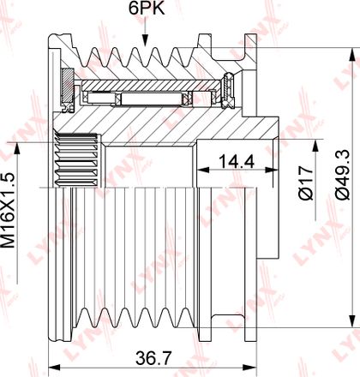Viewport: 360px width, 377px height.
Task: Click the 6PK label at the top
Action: pos(147,9)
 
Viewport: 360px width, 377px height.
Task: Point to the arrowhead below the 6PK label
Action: pos(146,40)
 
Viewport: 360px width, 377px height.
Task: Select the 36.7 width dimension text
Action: pos(153,358)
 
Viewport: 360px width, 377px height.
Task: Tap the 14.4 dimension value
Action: pos(237,162)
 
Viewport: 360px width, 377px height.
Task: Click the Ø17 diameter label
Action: pos(306,183)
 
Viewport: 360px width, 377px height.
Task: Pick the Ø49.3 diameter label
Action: pos(343,174)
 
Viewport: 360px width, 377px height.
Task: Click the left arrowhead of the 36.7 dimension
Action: pos(54,368)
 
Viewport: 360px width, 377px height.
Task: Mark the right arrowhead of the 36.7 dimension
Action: pos(251,368)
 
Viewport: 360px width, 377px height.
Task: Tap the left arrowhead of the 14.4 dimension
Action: pos(203,170)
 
